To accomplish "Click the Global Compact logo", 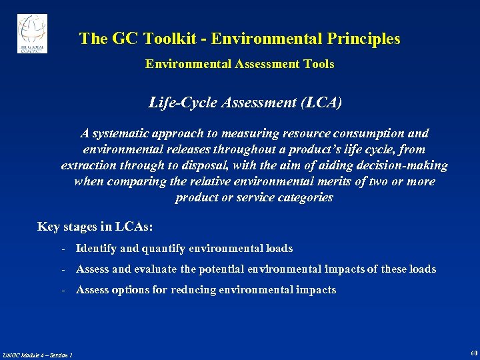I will tap(32, 33).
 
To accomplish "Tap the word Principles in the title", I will tap(364, 39).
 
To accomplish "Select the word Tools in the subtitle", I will tap(319, 64).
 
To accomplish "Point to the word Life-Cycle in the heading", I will tap(179, 103).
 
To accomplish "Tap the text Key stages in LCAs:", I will tap(95, 227).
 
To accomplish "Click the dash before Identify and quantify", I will tap(62, 249).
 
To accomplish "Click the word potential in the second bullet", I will tap(219, 269).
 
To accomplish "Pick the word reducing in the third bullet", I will tap(193, 290).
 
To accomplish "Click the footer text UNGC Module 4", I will tap(24, 355).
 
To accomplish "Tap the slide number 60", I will tap(473, 353).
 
